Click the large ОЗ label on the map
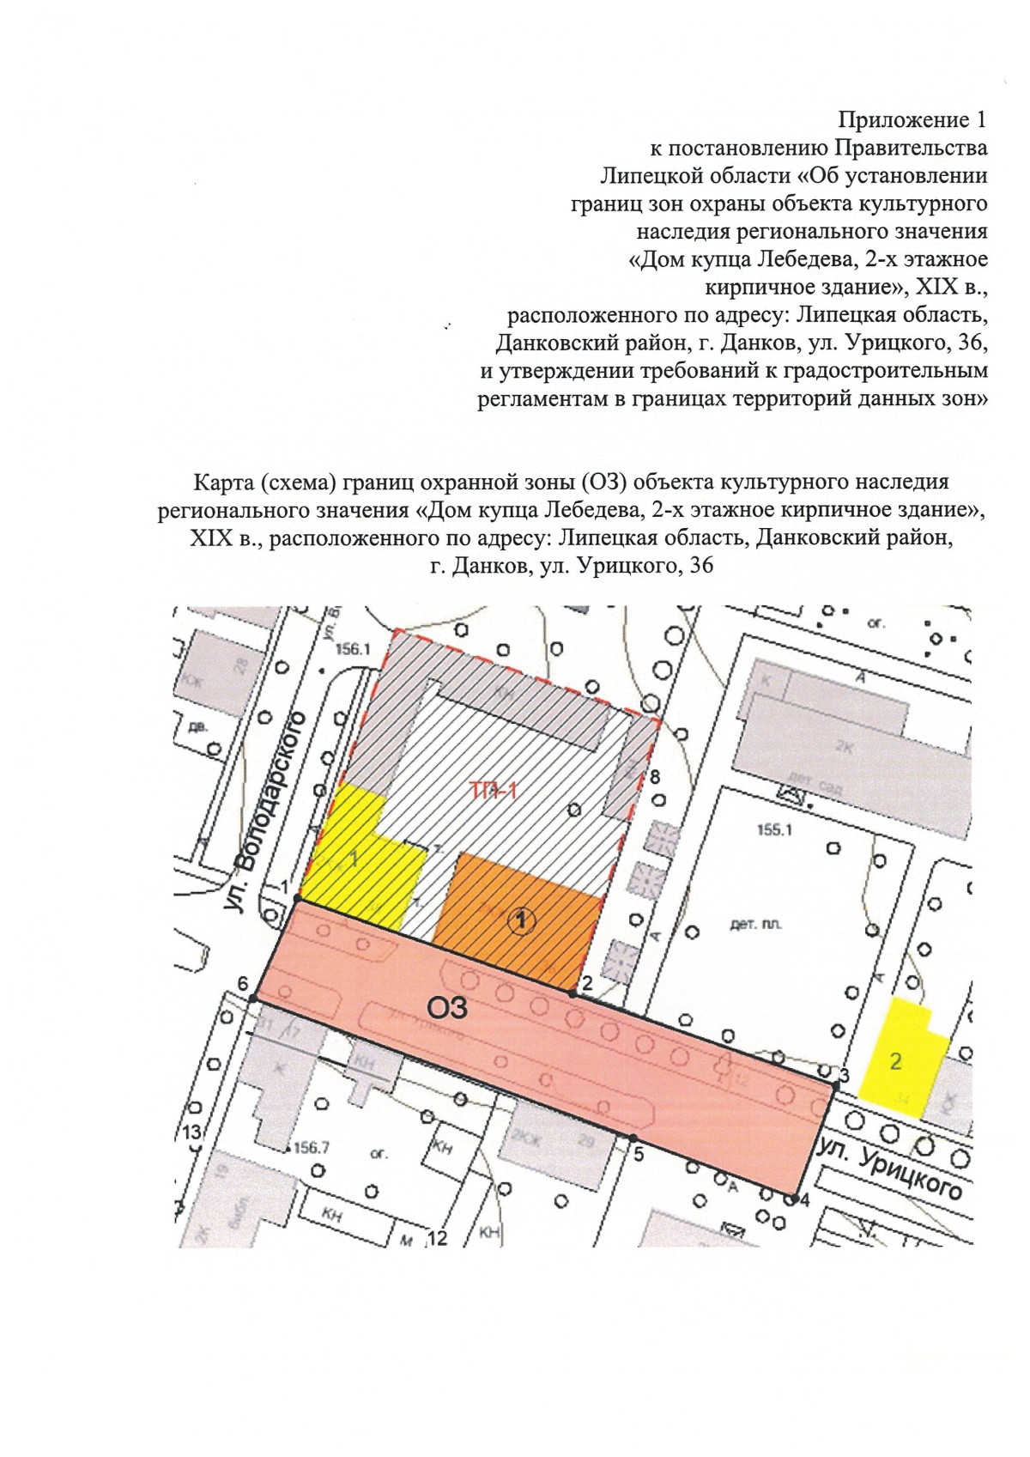click(x=447, y=1005)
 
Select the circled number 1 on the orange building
click(x=522, y=921)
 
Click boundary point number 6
click(x=253, y=999)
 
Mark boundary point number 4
click(x=796, y=1198)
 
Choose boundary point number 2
click(x=573, y=993)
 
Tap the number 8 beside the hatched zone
click(x=655, y=778)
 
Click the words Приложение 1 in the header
click(x=912, y=119)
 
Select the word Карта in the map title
click(x=225, y=482)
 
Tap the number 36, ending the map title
click(x=695, y=567)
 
